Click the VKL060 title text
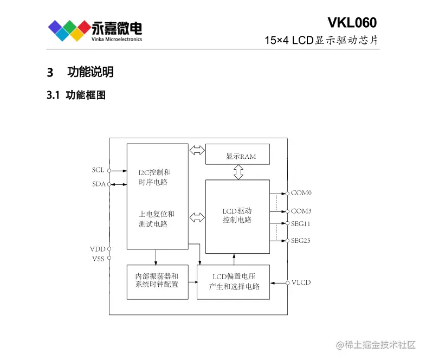point(352,22)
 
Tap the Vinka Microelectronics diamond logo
point(68,30)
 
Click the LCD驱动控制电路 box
point(237,216)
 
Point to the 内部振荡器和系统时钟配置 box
point(157,281)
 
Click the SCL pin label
point(98,170)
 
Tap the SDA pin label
point(98,184)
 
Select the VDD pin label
point(98,249)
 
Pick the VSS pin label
point(98,259)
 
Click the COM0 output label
point(301,192)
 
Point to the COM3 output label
point(301,211)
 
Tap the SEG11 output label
point(301,223)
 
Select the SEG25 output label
point(301,240)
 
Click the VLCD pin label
point(301,282)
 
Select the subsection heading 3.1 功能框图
point(76,95)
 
